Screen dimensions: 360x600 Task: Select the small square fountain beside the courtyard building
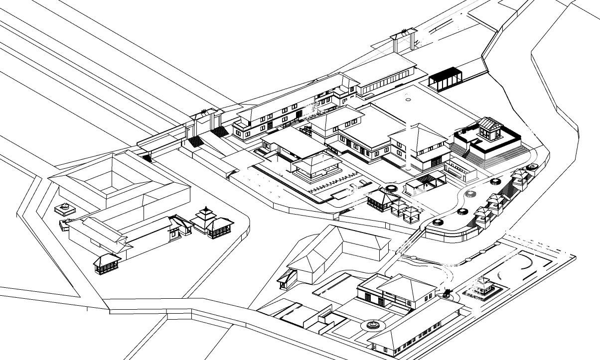click(63, 206)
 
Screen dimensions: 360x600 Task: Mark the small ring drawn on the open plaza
click(408, 100)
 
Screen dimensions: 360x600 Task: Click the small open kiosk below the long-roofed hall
click(107, 262)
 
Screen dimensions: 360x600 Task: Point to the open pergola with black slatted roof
click(425, 181)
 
